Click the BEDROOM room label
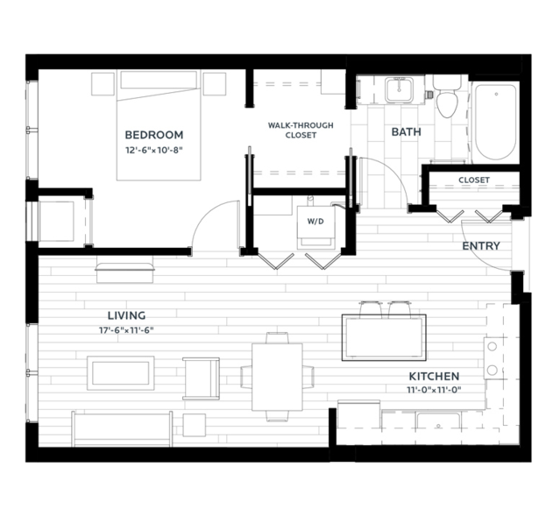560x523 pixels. pos(154,135)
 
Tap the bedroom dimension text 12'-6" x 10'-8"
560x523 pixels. pos(154,151)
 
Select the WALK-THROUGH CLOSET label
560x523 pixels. pos(301,131)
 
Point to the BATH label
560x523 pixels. pos(406,132)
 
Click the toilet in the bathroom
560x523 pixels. pos(447,95)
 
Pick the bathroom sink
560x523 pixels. pos(400,89)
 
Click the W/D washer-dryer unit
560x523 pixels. pos(315,228)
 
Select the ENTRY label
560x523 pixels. pos(481,246)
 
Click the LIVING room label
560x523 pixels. pos(127,315)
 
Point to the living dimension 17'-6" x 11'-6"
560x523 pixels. pos(126,330)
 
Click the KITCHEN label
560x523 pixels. pos(434,377)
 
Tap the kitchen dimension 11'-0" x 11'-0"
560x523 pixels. pos(434,390)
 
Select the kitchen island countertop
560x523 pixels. pos(384,337)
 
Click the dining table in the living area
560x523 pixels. pos(277,377)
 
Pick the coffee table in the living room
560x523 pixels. pos(121,373)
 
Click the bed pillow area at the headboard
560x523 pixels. pos(159,80)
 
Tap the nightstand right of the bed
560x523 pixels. pos(215,84)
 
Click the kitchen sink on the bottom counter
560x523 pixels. pos(438,421)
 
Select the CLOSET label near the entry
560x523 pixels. pos(474,180)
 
